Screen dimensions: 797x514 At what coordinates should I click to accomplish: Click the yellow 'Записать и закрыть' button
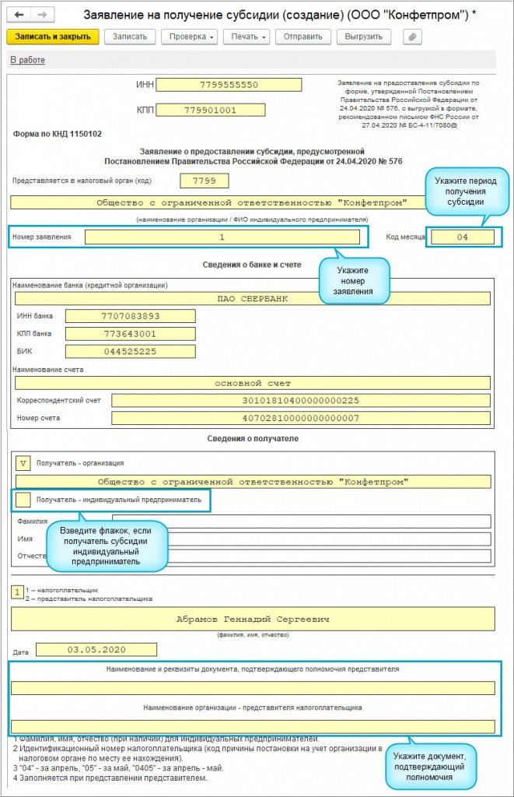click(x=53, y=37)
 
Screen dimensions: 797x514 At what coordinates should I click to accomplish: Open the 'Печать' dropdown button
click(x=246, y=37)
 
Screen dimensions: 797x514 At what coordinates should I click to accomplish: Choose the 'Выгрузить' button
click(x=363, y=37)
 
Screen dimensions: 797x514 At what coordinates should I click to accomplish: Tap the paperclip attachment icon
click(x=411, y=37)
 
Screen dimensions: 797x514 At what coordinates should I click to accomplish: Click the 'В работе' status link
click(x=27, y=61)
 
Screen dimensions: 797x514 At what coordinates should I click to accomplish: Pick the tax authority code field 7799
click(x=205, y=181)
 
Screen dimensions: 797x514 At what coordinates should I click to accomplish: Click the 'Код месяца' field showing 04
click(x=462, y=237)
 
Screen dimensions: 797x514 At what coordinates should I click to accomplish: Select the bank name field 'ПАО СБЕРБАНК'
click(x=253, y=298)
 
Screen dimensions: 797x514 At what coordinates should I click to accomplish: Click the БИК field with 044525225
click(x=130, y=351)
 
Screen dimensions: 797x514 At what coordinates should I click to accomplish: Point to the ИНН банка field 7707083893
click(x=130, y=316)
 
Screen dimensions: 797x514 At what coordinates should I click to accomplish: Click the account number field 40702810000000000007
click(x=301, y=418)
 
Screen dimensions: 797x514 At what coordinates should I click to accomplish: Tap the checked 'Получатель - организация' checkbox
click(x=23, y=462)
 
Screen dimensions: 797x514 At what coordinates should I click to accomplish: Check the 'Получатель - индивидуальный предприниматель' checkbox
click(x=23, y=499)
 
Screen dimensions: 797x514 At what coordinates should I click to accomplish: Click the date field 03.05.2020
click(x=96, y=649)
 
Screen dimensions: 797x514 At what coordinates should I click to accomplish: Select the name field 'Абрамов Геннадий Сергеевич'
click(x=253, y=620)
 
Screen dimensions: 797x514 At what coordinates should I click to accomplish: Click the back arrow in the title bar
click(x=18, y=15)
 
